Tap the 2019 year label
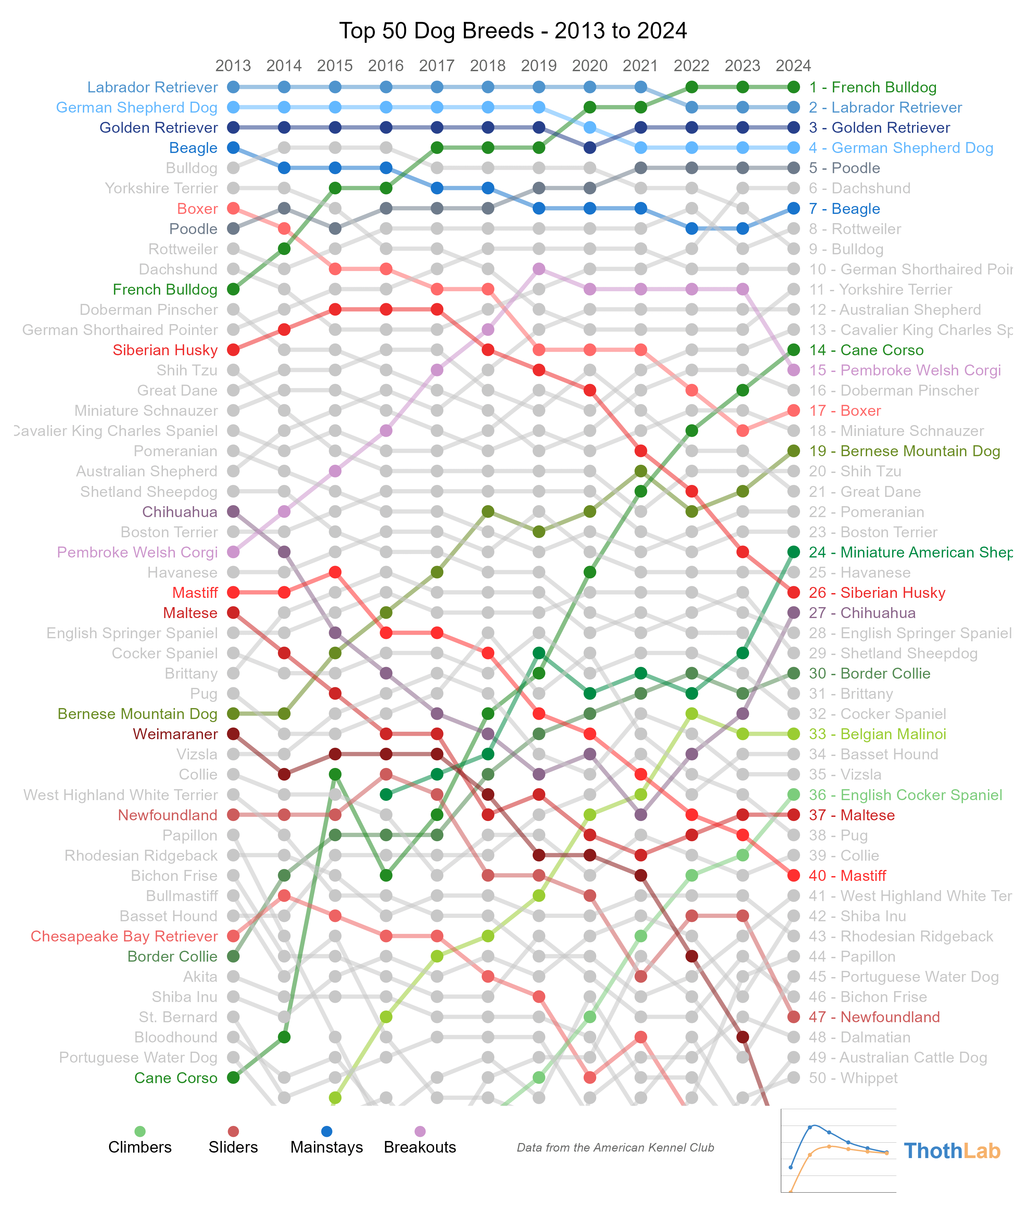click(x=539, y=66)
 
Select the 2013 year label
click(x=233, y=66)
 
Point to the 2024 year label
click(x=794, y=66)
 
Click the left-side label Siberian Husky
click(x=165, y=350)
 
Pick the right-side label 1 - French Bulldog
click(x=873, y=87)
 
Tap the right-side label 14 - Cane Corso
click(x=866, y=350)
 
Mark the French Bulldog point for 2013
click(x=233, y=289)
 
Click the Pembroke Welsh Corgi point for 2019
click(x=539, y=269)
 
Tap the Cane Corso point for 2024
click(x=794, y=350)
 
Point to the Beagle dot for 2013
click(x=233, y=148)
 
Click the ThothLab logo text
click(x=952, y=1151)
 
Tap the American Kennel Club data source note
click(x=615, y=1148)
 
